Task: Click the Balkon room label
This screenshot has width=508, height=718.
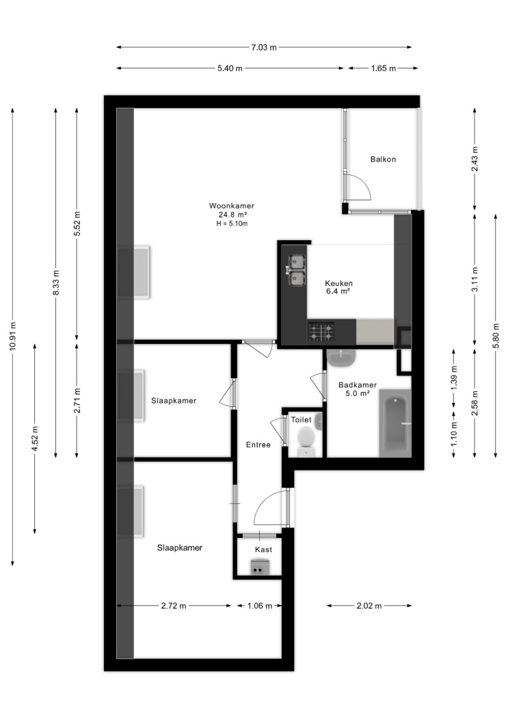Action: pos(383,159)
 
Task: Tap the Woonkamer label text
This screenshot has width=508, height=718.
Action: pos(232,206)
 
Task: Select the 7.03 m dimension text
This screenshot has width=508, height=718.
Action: pos(264,47)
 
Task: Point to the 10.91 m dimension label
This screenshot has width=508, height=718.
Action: pos(12,336)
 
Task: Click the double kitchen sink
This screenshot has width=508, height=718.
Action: pos(297,269)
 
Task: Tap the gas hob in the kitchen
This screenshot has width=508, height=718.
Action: pos(321,332)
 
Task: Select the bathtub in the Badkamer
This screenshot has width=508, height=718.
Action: pos(395,423)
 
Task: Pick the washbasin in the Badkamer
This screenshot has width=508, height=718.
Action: pos(341,357)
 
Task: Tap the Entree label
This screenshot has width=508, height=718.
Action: pos(258,444)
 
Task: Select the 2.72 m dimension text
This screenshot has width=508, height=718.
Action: pos(174,606)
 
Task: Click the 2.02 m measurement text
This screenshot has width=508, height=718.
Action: pos(369,606)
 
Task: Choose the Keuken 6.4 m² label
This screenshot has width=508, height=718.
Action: pos(338,287)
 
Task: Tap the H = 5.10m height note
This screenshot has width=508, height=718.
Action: pos(232,224)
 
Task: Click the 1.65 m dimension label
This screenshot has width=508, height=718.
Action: pos(383,68)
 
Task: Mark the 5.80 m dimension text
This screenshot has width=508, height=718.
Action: pos(496,336)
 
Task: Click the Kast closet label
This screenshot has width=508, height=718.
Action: pos(264,550)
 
